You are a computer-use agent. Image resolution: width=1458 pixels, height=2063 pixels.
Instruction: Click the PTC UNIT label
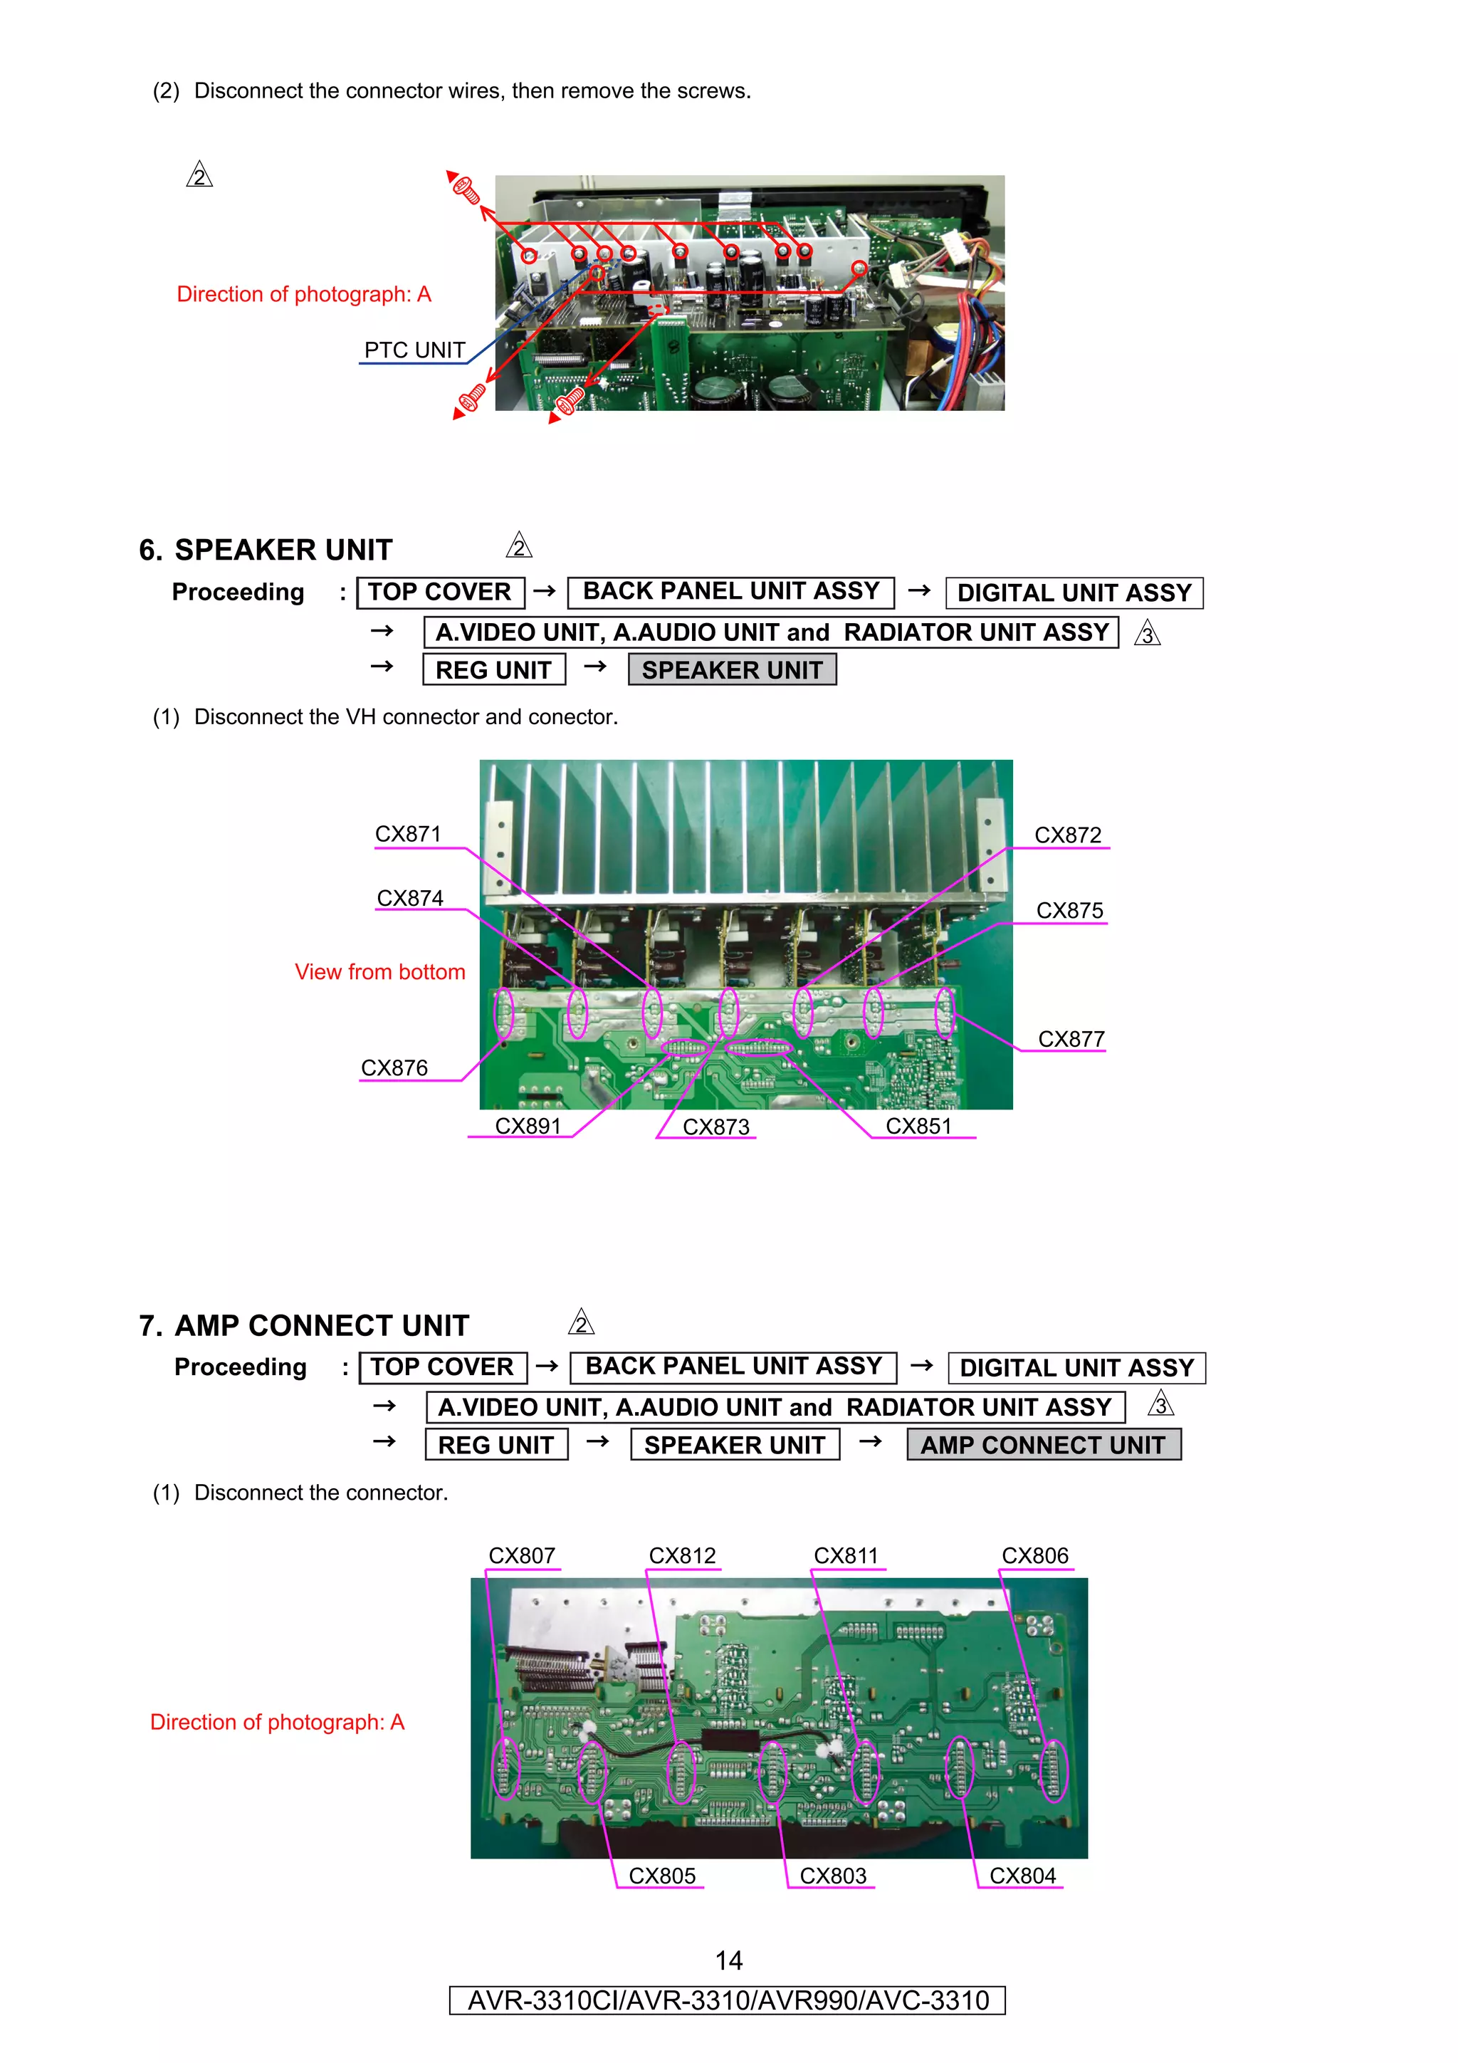coord(414,350)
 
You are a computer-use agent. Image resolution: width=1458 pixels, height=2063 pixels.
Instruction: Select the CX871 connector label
coord(408,834)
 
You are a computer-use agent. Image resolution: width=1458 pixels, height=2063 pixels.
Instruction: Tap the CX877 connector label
coord(1071,1039)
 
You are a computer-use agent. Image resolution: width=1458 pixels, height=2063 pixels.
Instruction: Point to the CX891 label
coord(528,1126)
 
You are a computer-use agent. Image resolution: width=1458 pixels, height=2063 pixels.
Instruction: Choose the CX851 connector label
coord(918,1126)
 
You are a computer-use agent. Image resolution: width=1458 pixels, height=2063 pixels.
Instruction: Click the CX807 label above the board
coord(521,1555)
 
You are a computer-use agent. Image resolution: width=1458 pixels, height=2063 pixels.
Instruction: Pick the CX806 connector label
coord(1035,1555)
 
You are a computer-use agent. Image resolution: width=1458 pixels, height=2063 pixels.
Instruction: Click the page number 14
coord(728,1960)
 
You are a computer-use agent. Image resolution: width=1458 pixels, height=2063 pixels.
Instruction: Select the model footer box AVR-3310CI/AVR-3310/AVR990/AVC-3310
coord(728,2000)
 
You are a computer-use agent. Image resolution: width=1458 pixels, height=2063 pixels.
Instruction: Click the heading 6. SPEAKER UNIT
coord(266,550)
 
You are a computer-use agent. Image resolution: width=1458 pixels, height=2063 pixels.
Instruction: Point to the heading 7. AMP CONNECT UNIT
coord(304,1325)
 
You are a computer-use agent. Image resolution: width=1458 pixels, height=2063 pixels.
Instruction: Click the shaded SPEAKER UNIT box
coord(732,669)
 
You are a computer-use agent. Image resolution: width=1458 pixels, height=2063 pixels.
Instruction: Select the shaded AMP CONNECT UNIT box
coord(1043,1445)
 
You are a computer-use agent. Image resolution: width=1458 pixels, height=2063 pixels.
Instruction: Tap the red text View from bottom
coord(380,971)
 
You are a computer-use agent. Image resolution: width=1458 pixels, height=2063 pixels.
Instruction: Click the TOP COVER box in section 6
coord(440,592)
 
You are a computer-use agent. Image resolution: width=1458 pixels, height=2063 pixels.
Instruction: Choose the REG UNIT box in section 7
coord(496,1445)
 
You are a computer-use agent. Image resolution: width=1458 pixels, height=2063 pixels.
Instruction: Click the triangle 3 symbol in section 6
coord(1147,634)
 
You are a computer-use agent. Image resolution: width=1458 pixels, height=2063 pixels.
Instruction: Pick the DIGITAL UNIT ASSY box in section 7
coord(1077,1367)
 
